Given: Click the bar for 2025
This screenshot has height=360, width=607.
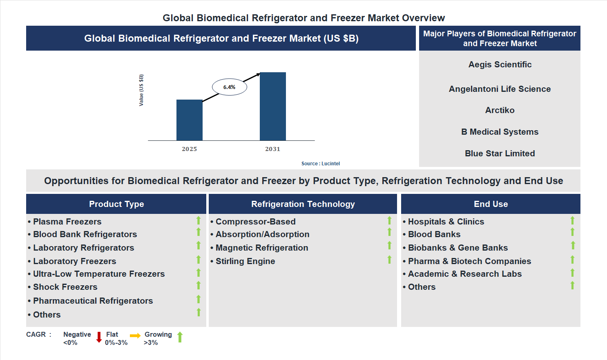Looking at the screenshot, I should point(189,120).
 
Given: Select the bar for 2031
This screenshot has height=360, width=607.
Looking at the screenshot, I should point(272,107).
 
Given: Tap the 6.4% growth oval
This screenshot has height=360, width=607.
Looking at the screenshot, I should point(229,87).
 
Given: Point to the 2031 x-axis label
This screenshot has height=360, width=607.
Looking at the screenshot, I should point(272,149).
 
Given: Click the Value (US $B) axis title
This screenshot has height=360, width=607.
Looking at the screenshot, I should point(141,90).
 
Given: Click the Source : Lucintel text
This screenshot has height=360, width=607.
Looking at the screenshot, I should point(320,164).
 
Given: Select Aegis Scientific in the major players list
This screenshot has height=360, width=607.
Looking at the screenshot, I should point(500,64).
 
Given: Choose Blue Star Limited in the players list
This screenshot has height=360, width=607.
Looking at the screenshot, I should point(500,153).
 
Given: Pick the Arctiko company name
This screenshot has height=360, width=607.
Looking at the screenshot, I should point(500,110).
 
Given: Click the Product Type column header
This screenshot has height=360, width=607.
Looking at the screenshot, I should point(116,204).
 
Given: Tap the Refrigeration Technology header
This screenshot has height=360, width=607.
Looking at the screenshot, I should point(303,204).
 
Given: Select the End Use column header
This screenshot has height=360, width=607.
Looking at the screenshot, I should point(491,204).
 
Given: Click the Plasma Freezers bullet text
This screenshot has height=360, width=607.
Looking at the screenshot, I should point(67,222).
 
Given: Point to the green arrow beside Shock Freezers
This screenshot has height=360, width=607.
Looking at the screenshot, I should point(199,285).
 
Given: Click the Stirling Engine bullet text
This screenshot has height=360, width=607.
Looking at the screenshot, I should point(245,261).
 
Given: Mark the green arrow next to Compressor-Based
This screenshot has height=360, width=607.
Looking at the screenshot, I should point(389,220).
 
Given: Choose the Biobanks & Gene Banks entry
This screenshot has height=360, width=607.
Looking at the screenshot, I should point(457,248).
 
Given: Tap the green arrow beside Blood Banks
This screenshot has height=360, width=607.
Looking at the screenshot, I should point(572,232).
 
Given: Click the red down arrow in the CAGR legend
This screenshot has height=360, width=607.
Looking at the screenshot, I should point(99,337).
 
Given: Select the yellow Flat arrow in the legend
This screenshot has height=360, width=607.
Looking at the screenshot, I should point(135,336).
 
